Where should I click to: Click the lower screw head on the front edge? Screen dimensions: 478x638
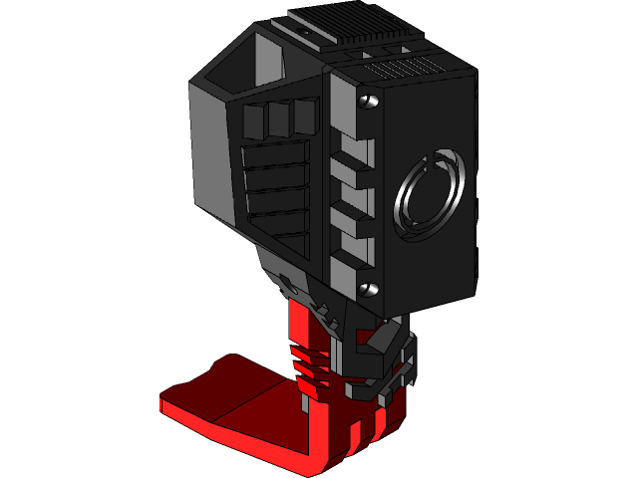[x=368, y=288]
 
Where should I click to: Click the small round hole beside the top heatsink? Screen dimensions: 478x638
[x=323, y=40]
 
